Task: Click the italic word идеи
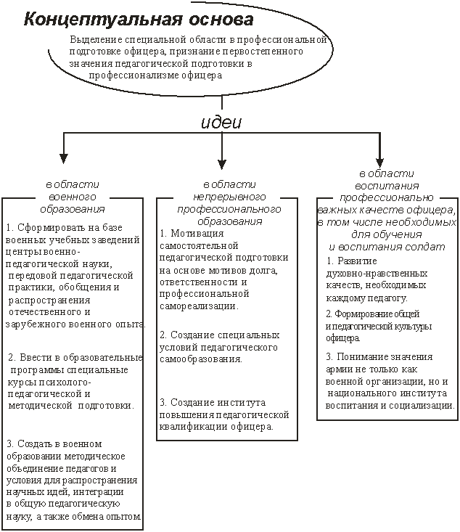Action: [x=221, y=123]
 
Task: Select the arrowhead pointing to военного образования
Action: [x=63, y=158]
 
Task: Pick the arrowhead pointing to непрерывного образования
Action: [x=222, y=164]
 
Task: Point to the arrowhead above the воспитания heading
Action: [x=380, y=162]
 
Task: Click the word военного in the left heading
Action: [x=73, y=197]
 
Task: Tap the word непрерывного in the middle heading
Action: [x=229, y=197]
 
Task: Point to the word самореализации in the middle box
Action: [x=199, y=306]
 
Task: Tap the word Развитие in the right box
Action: [x=357, y=261]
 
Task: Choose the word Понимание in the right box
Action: [x=363, y=357]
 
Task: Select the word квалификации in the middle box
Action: [x=194, y=427]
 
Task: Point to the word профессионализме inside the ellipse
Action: [x=134, y=75]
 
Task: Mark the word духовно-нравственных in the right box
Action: [x=377, y=274]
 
